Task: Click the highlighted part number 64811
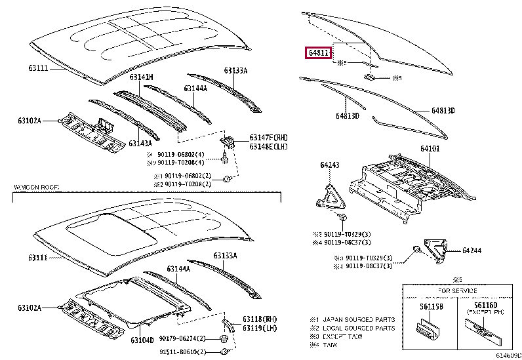pos(318,52)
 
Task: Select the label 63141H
pos(140,77)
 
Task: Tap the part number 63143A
pos(140,143)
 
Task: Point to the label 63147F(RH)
pos(269,137)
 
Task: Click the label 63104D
pos(142,340)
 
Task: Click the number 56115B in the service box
pos(426,306)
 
